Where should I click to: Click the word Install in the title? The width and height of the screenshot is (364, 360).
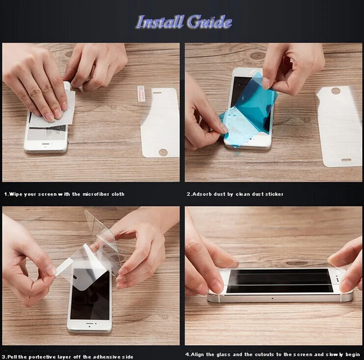point(160,22)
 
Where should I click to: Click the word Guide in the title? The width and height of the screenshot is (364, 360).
point(210,22)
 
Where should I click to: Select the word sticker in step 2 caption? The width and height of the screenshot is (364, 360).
point(274,194)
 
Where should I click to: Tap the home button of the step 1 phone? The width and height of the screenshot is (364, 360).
point(46,144)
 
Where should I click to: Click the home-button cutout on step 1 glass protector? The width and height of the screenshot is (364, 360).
point(163,152)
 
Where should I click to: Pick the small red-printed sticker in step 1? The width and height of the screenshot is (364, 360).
point(140,93)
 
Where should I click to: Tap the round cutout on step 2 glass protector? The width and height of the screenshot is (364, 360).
point(335,90)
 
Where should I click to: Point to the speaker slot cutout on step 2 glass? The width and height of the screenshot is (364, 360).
point(346,160)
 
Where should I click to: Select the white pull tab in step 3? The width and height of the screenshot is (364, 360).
point(63,267)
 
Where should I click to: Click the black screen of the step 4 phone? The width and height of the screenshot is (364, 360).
point(280,281)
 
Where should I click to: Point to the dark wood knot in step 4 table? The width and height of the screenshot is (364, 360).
point(297,263)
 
